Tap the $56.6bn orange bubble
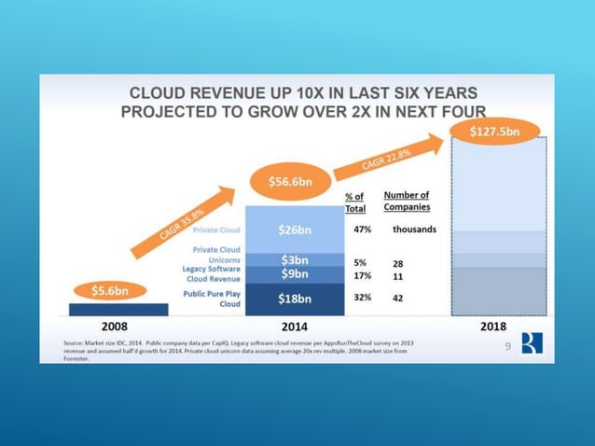(x=291, y=181)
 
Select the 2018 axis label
(x=493, y=327)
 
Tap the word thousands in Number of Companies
(x=413, y=229)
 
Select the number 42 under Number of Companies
(x=397, y=298)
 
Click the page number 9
(x=508, y=347)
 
